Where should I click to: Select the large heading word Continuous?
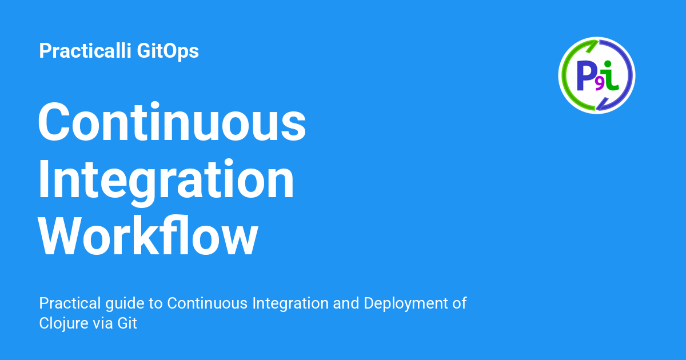point(171,122)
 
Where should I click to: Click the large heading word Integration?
point(166,179)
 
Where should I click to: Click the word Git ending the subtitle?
point(127,323)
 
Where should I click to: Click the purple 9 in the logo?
point(599,85)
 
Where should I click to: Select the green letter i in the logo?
point(611,76)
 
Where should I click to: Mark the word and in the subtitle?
point(345,303)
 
